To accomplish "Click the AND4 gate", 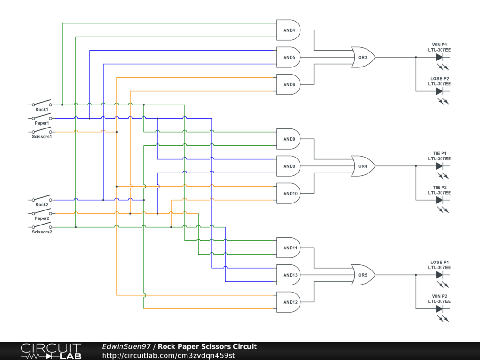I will pyautogui.click(x=288, y=30).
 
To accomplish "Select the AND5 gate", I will pyautogui.click(x=288, y=57).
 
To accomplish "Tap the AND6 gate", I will pyautogui.click(x=288, y=84).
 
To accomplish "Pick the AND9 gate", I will pyautogui.click(x=288, y=166).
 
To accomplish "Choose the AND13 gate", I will pyautogui.click(x=288, y=275).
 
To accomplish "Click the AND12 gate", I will pyautogui.click(x=288, y=302).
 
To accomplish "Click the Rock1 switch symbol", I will pyautogui.click(x=42, y=103).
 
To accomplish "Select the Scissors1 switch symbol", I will pyautogui.click(x=42, y=131).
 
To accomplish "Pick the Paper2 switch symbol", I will pyautogui.click(x=42, y=212).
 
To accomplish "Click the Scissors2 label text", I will pyautogui.click(x=42, y=232).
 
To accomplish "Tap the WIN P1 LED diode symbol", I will pyautogui.click(x=440, y=57).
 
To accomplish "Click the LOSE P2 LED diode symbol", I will pyautogui.click(x=440, y=91).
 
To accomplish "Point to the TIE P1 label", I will pyautogui.click(x=439, y=153).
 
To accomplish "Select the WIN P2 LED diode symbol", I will pyautogui.click(x=440, y=308).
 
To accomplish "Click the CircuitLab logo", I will pyautogui.click(x=51, y=351).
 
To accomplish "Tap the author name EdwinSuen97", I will pyautogui.click(x=126, y=346).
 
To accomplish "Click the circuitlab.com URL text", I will pyautogui.click(x=168, y=355).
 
